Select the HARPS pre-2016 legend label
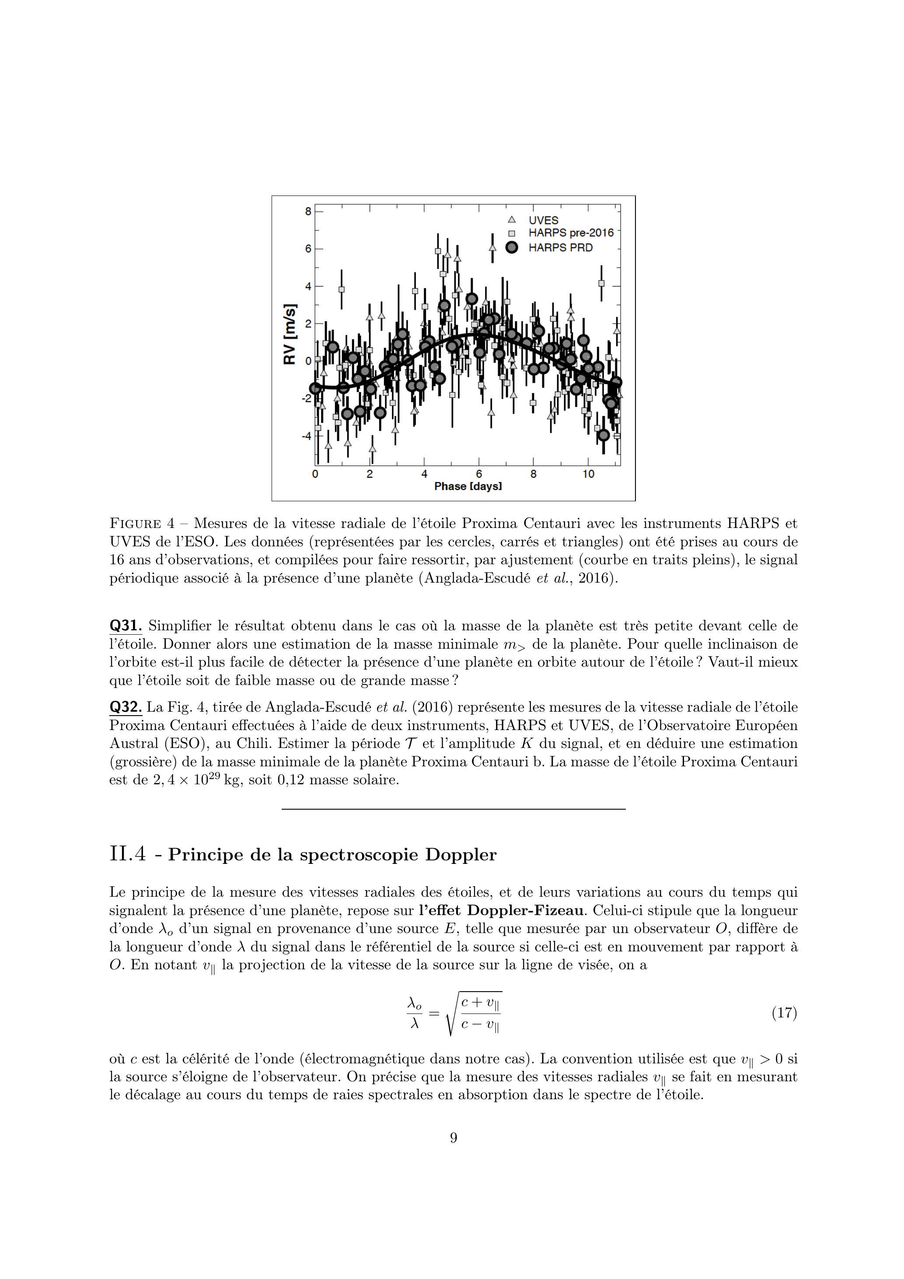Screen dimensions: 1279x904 point(571,233)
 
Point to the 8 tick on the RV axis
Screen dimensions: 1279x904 point(308,211)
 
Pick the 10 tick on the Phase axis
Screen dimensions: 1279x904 point(588,474)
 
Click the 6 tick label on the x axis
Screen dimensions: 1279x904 point(479,474)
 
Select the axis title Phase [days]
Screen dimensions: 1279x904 point(468,486)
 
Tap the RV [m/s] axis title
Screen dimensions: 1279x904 point(290,334)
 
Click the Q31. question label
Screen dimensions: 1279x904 point(126,626)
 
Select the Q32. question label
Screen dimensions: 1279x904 point(126,707)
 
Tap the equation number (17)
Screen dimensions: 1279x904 point(784,1012)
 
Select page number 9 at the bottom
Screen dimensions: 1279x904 point(453,1138)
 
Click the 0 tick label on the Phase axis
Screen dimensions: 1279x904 point(315,474)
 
